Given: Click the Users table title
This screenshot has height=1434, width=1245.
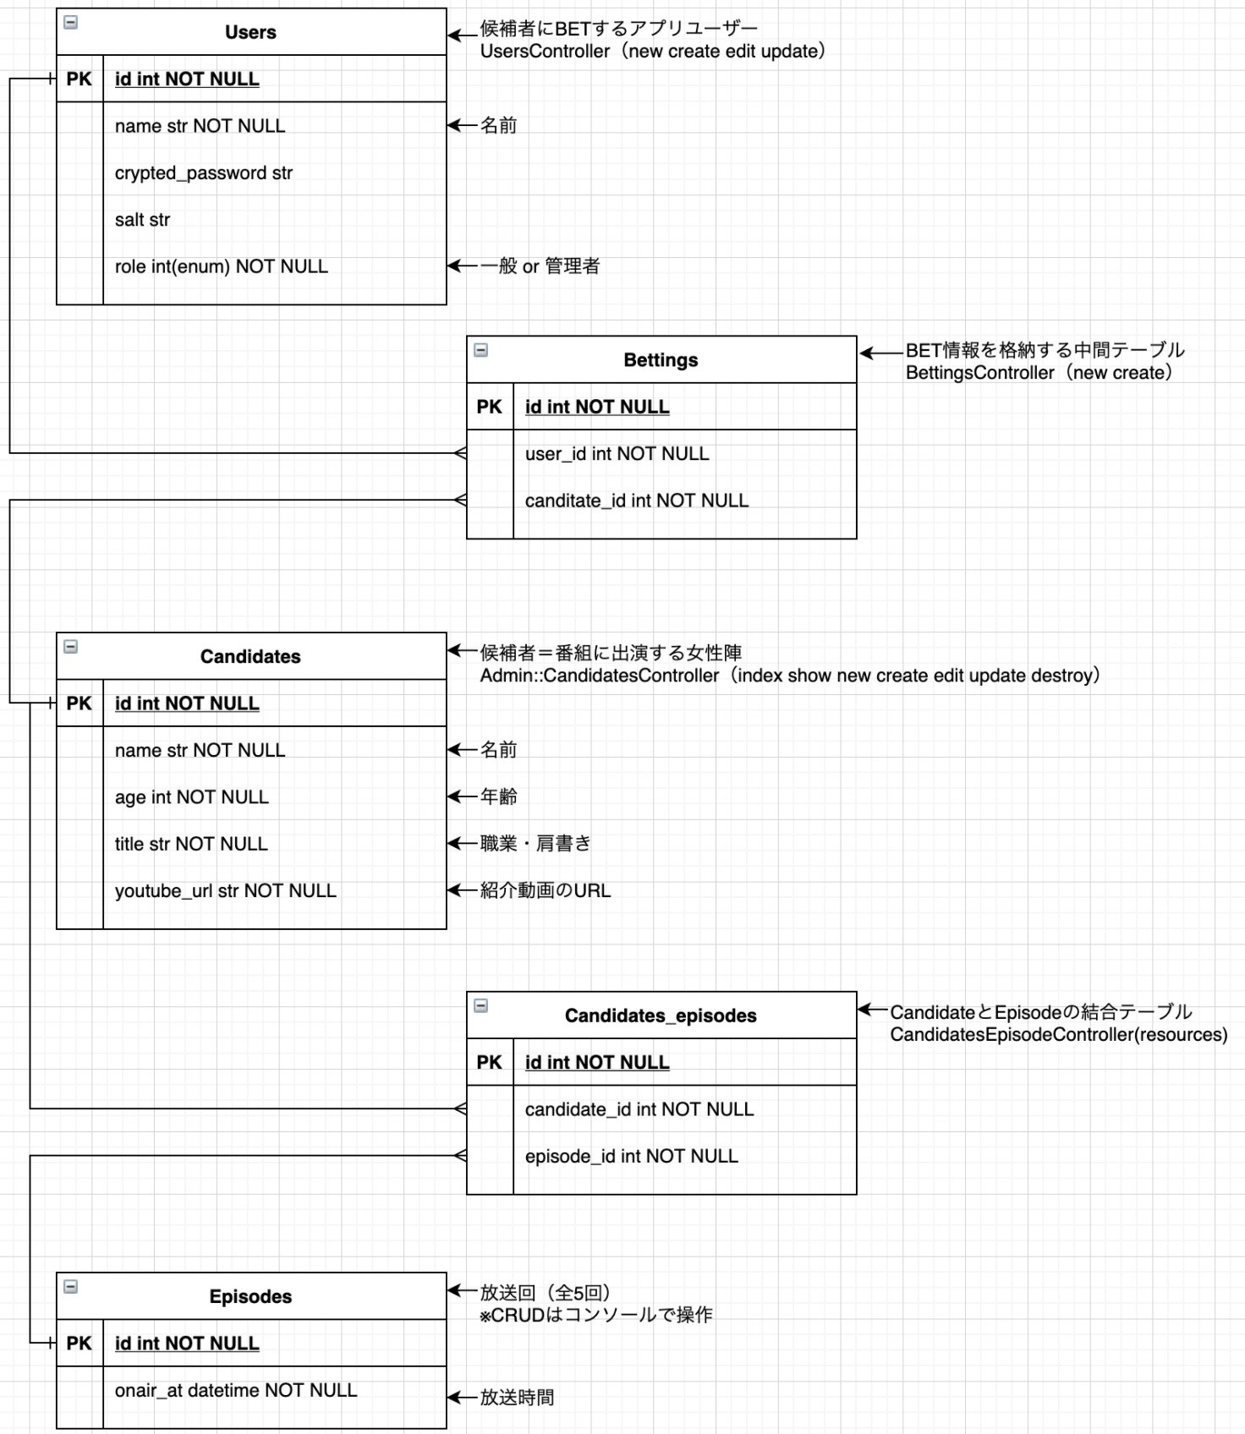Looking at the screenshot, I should (250, 32).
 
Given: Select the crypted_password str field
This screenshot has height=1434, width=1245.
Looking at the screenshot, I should (204, 173).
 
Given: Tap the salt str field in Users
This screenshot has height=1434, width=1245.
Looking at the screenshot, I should (142, 220).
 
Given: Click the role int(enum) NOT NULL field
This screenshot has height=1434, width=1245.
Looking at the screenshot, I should (222, 266).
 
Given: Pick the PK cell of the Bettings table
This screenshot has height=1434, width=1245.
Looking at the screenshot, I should (490, 407).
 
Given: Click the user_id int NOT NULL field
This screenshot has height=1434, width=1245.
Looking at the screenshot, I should (617, 454).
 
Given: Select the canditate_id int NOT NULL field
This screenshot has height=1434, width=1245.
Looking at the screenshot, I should (636, 501).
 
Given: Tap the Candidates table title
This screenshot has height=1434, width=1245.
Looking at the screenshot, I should (250, 657).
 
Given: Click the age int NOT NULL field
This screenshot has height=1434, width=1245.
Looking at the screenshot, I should (192, 797).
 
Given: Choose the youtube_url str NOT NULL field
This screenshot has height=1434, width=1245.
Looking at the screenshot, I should (226, 891).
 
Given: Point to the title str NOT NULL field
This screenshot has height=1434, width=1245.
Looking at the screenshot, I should (191, 844).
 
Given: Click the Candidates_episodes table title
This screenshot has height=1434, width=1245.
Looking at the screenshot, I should (661, 1015).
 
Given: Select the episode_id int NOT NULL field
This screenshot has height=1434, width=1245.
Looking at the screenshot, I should (631, 1156).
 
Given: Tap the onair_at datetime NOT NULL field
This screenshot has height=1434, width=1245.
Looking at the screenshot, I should (236, 1390).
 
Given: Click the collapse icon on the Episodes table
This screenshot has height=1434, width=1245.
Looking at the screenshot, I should (71, 1286).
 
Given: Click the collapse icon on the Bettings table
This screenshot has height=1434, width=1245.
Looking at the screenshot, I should (481, 350).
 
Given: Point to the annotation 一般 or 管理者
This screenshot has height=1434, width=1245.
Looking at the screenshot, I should (540, 266).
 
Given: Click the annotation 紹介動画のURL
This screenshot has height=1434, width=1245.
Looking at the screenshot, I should (545, 890).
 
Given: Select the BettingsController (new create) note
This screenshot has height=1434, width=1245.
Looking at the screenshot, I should (1039, 373).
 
